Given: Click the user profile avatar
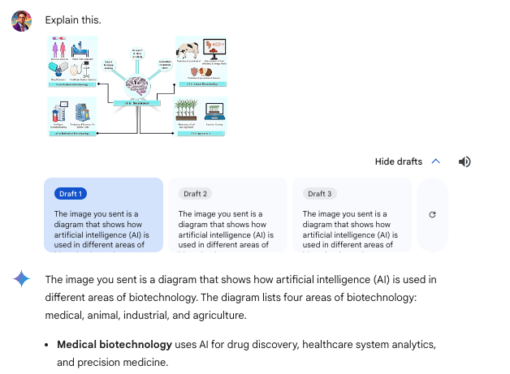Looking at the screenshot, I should click(22, 20).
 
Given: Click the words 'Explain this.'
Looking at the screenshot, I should click(73, 19).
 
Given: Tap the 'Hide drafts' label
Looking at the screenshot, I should click(398, 161).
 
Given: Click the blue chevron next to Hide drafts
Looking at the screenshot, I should click(436, 161).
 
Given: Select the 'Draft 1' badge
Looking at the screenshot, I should click(71, 194).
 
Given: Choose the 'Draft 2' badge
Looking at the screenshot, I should click(196, 194).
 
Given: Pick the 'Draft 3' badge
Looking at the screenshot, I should click(320, 194).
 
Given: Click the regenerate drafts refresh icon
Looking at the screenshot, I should click(432, 215).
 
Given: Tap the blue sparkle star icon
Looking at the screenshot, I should click(22, 280).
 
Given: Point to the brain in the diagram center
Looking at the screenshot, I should click(137, 85).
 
